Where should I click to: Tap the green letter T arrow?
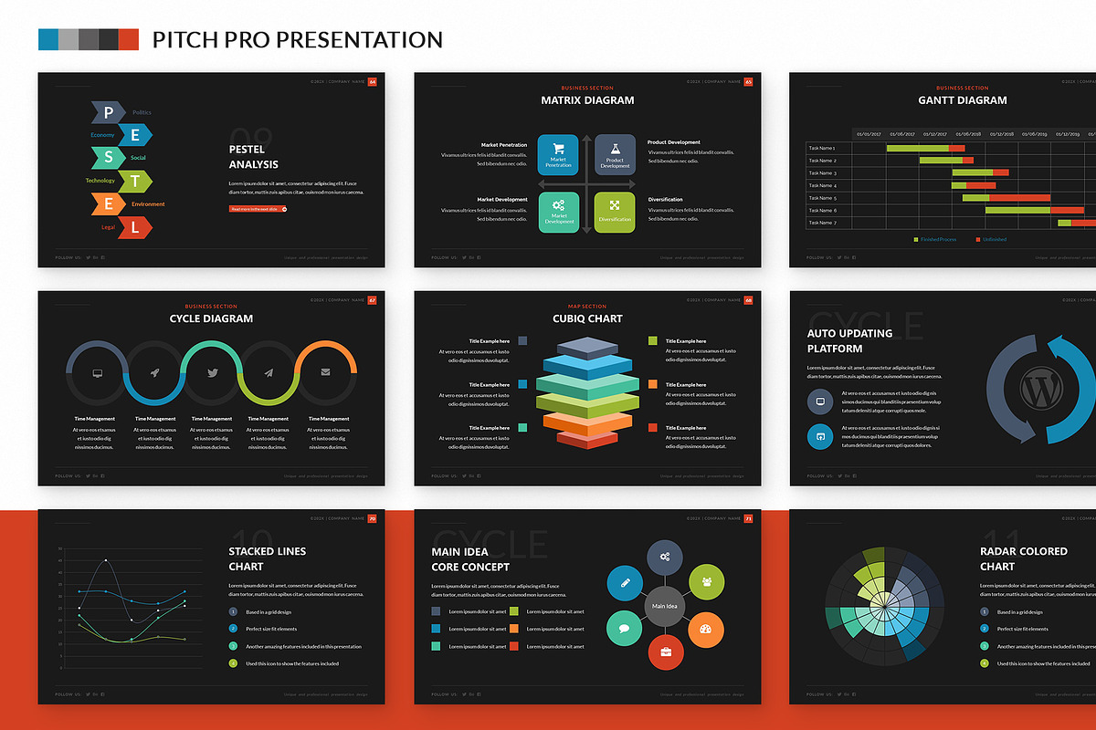coord(133,181)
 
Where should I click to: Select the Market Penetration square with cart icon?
coord(558,154)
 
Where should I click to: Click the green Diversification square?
coord(615,212)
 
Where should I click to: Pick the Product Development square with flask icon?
coord(615,154)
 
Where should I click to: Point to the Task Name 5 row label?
coord(822,198)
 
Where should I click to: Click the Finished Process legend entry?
coord(935,239)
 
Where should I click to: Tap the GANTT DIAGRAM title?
coord(963,100)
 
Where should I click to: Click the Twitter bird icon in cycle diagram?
coord(212,372)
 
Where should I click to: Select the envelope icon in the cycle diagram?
coord(326,372)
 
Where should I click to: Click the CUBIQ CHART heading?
coord(587,318)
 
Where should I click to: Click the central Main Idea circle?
coord(665,606)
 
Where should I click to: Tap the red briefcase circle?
coord(666,652)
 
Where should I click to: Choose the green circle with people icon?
coord(705,581)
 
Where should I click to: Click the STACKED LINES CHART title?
coord(268,558)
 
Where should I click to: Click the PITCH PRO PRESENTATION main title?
coord(298,40)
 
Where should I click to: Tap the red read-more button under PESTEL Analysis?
coord(258,209)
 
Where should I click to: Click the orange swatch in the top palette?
coord(129,39)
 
